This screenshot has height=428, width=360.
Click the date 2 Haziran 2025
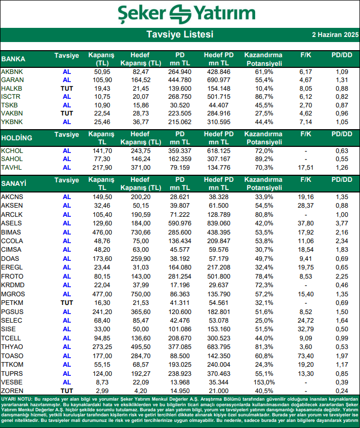point(335,35)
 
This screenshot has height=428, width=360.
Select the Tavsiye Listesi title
point(180,34)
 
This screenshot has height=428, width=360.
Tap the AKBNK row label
point(12,72)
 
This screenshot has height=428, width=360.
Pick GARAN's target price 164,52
point(141,80)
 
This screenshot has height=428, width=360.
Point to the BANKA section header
point(13,59)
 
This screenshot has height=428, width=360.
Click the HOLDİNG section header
point(17,137)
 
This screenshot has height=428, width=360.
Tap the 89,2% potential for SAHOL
point(262,159)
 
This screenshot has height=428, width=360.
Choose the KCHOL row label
point(12,151)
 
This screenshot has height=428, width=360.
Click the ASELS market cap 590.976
point(179,223)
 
